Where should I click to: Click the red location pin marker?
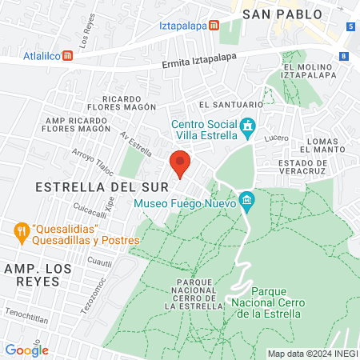[x=180, y=163]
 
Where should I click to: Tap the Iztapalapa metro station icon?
[x=214, y=25]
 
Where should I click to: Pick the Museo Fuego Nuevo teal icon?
[x=246, y=200]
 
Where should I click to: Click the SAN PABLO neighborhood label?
[x=282, y=14]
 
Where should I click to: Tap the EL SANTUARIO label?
[x=231, y=104]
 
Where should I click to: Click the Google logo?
[x=26, y=350]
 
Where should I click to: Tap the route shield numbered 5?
[x=351, y=27]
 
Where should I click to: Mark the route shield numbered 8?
[x=343, y=56]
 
